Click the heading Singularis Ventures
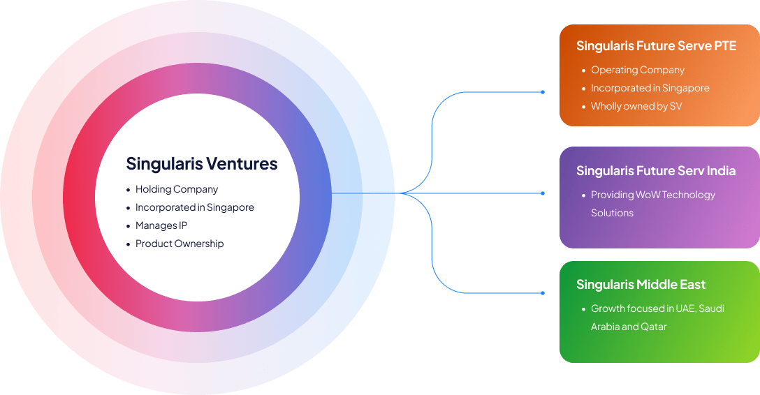click(201, 164)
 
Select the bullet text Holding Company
click(177, 189)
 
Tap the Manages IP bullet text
click(161, 225)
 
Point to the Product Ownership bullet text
click(180, 244)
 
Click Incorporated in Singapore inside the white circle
click(195, 207)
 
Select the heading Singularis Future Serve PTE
click(656, 46)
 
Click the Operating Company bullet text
click(638, 70)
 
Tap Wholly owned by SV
click(636, 106)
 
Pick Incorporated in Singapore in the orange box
click(650, 88)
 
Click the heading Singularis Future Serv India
click(656, 171)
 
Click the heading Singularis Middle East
click(641, 285)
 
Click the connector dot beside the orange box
click(543, 92)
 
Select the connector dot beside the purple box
click(543, 193)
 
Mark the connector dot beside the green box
click(543, 293)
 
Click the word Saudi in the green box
click(711, 308)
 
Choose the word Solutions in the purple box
click(612, 213)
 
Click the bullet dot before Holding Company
click(128, 190)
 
